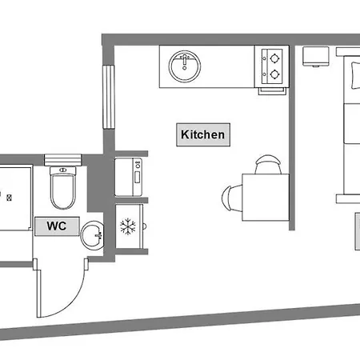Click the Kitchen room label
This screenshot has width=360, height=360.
(x=203, y=134)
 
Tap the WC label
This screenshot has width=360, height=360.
(x=57, y=226)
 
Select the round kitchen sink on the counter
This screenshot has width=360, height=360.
(x=185, y=66)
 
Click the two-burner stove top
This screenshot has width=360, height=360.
(x=272, y=66)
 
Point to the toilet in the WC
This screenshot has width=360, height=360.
(x=63, y=188)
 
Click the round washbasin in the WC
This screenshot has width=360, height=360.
(x=93, y=235)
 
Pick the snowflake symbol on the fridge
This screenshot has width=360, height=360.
(x=128, y=226)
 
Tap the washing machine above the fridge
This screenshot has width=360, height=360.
(x=129, y=177)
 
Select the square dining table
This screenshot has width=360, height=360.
(x=266, y=198)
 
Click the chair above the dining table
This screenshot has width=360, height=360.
(x=268, y=164)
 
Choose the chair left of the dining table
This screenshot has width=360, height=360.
(x=231, y=198)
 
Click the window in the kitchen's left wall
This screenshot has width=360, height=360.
(x=109, y=97)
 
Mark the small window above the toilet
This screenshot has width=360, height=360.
(x=62, y=160)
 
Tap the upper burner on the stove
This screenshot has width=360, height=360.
(x=274, y=58)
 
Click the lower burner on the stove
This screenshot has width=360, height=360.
(x=274, y=74)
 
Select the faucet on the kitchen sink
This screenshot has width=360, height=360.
(x=185, y=61)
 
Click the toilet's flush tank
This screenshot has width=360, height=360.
(x=63, y=170)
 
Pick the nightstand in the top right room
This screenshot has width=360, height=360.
(x=316, y=56)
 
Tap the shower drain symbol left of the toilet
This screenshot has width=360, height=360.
(x=10, y=198)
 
